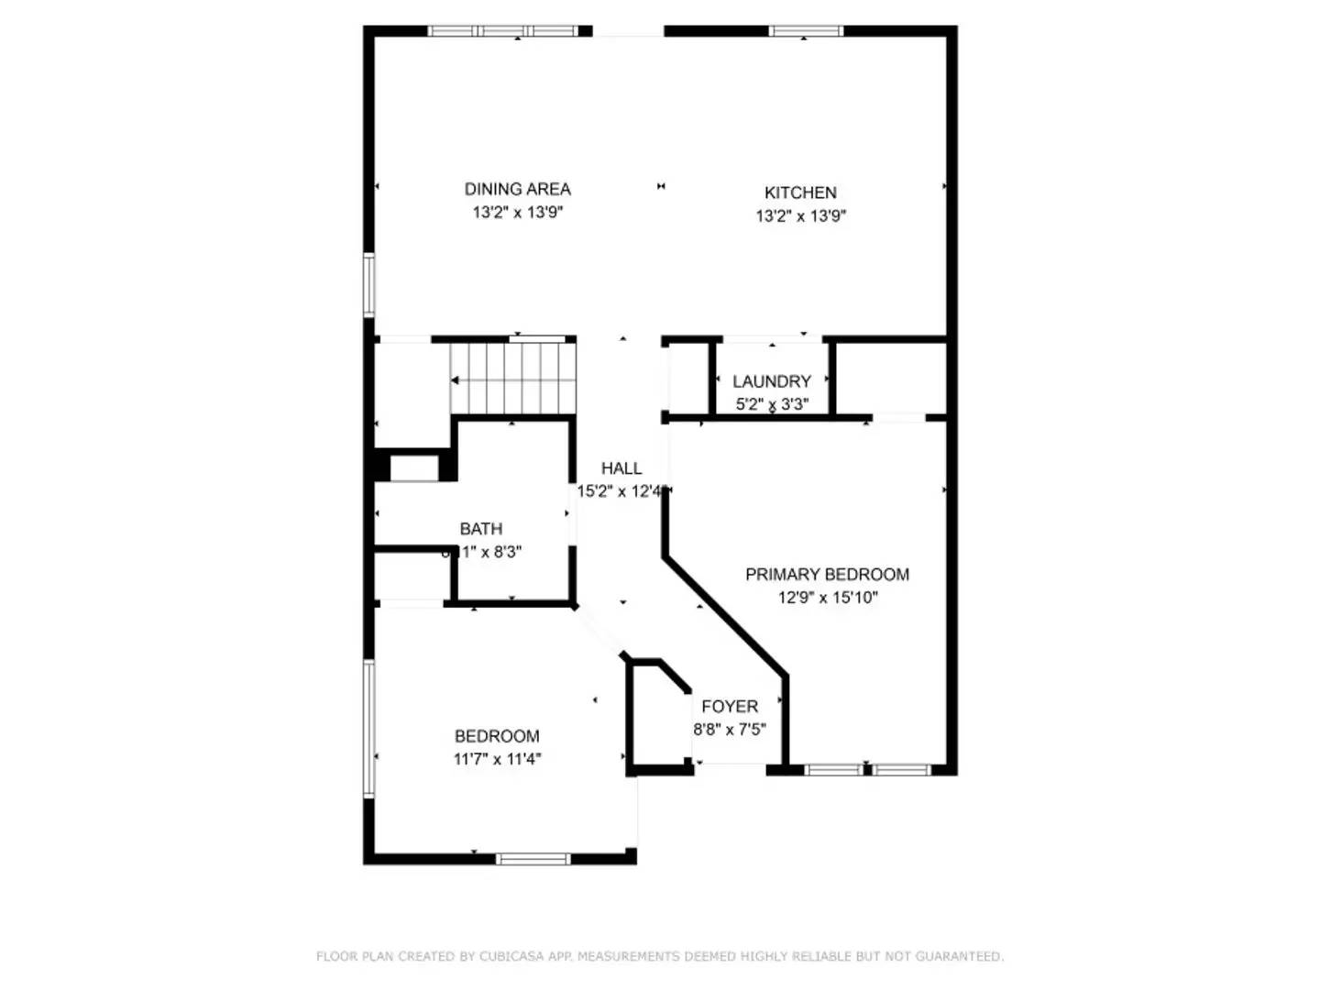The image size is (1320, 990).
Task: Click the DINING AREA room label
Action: (517, 189)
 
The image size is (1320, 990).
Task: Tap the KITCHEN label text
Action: (800, 192)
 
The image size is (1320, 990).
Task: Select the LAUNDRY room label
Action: (771, 381)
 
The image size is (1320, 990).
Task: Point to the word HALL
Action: (621, 468)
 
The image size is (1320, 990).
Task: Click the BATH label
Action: (480, 529)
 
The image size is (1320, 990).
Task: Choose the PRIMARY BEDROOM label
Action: (827, 575)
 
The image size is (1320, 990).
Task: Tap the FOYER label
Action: (730, 707)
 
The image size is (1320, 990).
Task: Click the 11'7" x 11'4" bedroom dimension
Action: (497, 759)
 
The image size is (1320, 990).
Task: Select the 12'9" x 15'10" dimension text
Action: (827, 598)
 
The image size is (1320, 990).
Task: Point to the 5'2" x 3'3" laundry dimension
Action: (771, 404)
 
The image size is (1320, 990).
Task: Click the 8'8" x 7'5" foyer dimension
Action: (730, 730)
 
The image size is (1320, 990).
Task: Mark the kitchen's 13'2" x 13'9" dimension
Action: (800, 216)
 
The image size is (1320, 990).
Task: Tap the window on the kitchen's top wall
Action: (806, 31)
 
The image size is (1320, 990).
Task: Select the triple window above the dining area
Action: (503, 31)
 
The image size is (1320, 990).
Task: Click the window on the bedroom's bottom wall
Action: (533, 859)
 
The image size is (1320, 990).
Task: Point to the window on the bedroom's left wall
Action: (369, 729)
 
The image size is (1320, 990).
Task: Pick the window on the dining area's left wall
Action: (369, 285)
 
